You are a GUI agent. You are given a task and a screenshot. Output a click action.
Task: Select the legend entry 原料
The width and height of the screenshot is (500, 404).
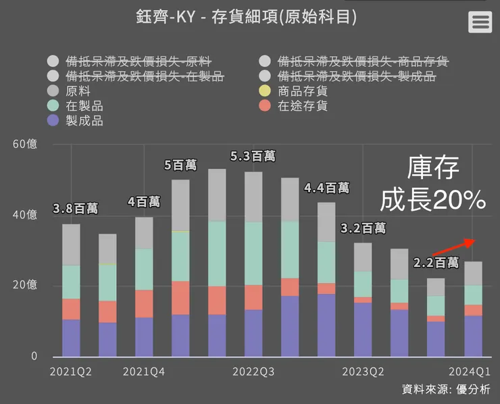tap(78, 91)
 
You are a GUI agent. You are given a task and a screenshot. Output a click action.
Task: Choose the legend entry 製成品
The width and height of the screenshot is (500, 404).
tap(84, 121)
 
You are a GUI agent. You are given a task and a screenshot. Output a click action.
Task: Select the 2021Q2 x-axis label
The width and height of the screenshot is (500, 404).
tap(71, 372)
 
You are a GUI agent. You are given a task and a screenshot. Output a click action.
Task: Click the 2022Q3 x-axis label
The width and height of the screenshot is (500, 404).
tap(253, 372)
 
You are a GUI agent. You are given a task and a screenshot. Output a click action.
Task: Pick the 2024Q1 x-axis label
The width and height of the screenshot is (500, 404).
tap(469, 372)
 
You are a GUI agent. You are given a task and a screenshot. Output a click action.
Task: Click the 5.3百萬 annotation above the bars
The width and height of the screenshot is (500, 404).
tap(253, 156)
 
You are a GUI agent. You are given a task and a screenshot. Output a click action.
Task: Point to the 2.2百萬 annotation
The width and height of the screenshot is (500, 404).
tap(436, 262)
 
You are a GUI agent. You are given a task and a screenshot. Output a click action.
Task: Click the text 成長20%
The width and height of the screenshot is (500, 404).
tap(433, 199)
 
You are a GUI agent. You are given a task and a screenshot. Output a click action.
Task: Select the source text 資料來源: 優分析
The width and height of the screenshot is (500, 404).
tap(446, 389)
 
